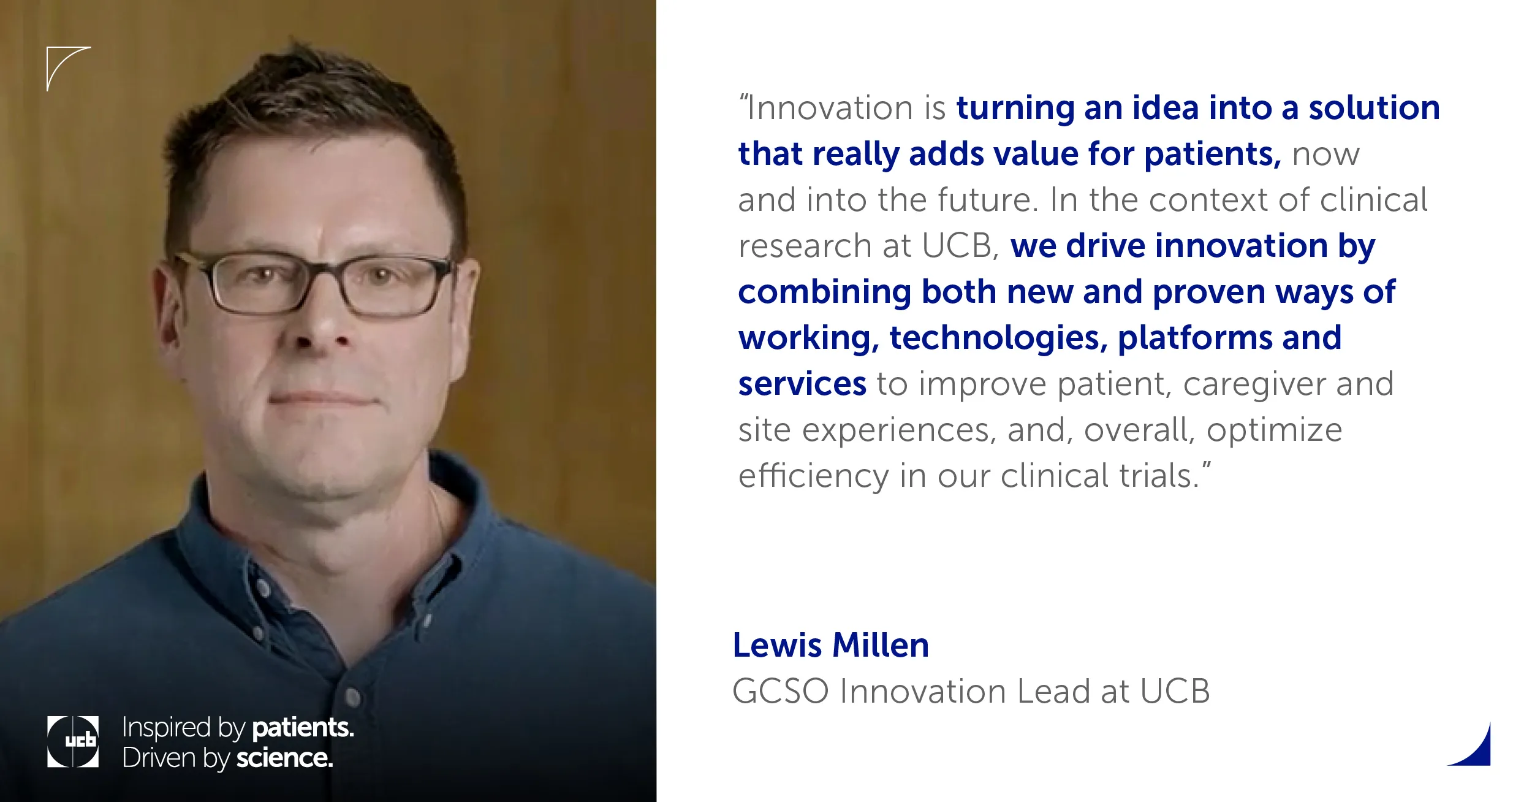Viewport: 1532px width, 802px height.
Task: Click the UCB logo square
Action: [x=73, y=741]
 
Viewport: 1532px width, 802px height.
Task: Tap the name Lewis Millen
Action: [x=831, y=646]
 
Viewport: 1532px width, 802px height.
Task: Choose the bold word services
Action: [x=802, y=384]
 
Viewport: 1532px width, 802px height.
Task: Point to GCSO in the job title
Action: [x=781, y=692]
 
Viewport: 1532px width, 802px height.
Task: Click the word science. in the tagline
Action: [x=285, y=758]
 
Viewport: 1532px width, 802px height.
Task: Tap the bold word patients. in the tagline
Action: [x=303, y=728]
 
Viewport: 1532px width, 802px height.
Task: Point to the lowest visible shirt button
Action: [x=352, y=696]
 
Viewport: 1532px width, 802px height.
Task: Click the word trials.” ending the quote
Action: [x=1165, y=476]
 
